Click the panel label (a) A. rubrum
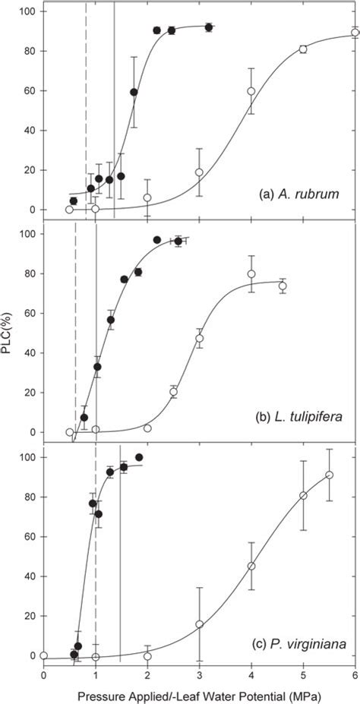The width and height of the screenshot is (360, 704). tap(302, 196)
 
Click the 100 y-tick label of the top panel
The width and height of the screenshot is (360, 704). tap(30, 11)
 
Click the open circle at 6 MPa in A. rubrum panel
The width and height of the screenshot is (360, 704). tap(355, 33)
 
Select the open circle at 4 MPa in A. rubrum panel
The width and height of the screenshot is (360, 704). tap(251, 90)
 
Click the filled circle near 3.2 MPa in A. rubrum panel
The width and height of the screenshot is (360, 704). tap(208, 27)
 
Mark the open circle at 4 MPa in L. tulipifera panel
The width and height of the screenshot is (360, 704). tap(251, 274)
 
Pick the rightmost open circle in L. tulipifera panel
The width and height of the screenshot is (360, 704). tap(283, 286)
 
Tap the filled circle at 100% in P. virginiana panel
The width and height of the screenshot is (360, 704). tap(139, 457)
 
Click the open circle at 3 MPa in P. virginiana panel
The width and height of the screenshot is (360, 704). tap(199, 624)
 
